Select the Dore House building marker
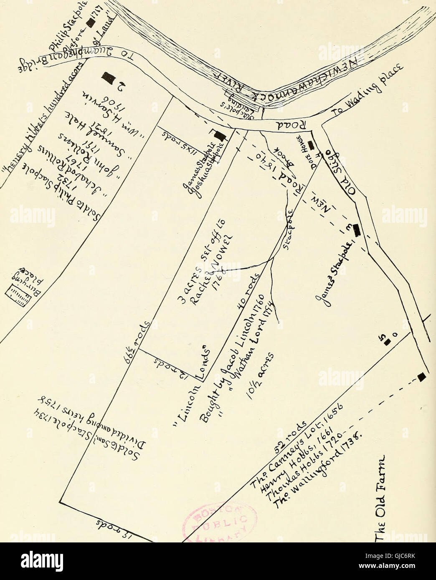311,146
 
